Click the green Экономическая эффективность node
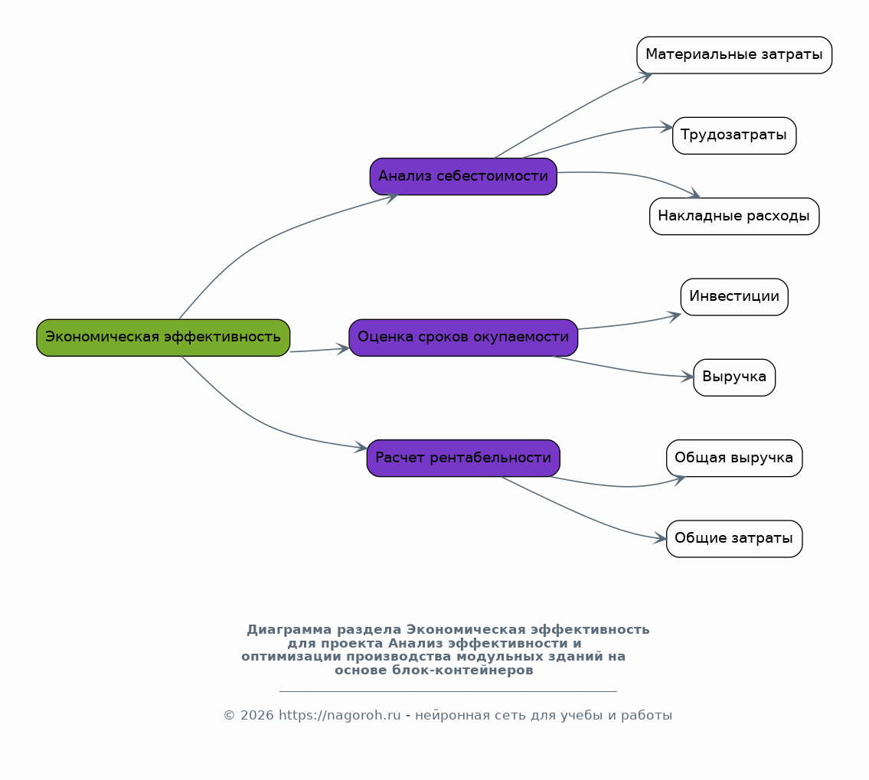[163, 338]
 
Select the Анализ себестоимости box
[463, 177]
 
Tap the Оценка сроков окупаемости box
[463, 338]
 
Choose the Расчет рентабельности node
[463, 459]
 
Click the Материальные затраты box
[734, 55]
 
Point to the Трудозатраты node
[734, 135]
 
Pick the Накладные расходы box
[734, 216]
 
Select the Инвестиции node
[734, 297]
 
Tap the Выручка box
[734, 377]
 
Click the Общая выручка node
[734, 459]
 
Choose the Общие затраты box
[734, 538]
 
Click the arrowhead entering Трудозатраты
[666, 127]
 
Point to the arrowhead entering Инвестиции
[675, 316]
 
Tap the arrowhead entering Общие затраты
[660, 538]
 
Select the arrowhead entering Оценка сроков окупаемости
[342, 348]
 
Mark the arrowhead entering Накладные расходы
[694, 194]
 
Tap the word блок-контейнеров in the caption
[462, 671]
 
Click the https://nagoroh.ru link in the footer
[339, 716]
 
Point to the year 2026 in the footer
[257, 716]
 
